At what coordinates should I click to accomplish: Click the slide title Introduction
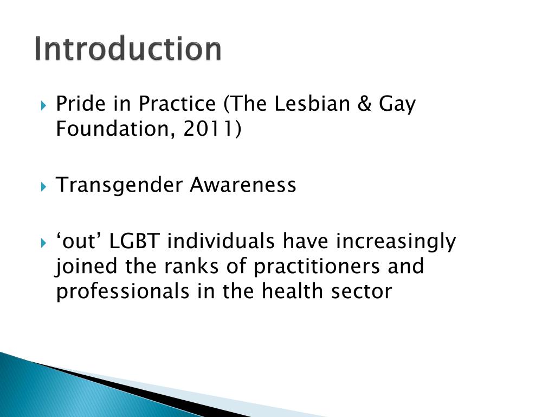[127, 49]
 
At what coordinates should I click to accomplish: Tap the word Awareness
[243, 186]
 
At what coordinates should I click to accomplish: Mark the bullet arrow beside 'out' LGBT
[44, 242]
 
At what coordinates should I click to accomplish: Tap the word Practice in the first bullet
[176, 103]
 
